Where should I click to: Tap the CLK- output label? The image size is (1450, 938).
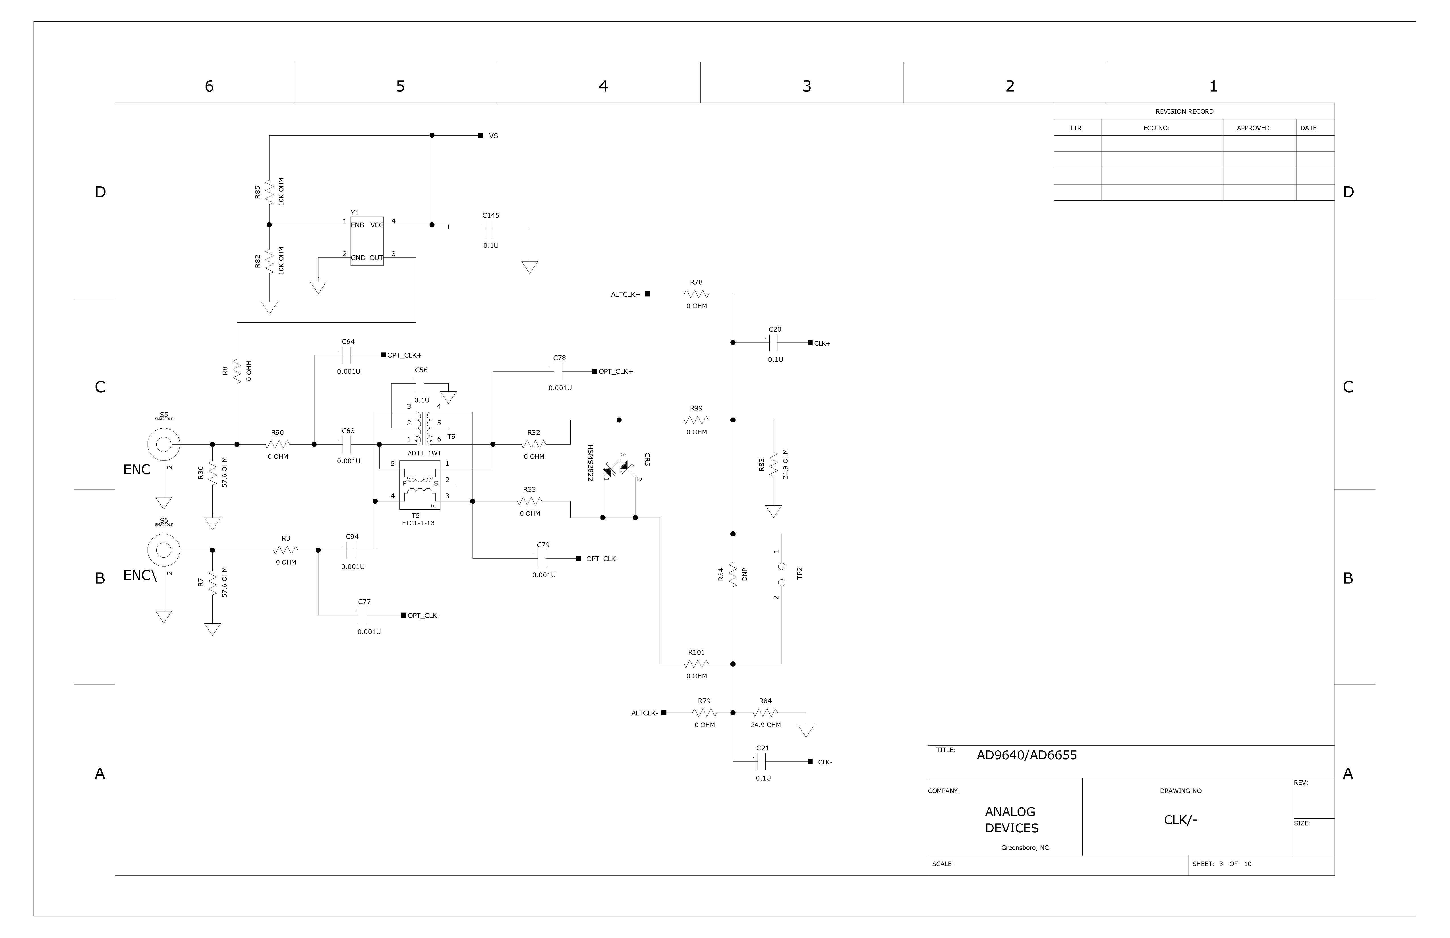tap(825, 763)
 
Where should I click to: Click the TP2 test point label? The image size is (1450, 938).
tap(800, 573)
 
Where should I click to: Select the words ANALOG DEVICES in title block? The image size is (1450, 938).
tap(1011, 820)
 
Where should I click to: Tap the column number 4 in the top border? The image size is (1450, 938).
tap(603, 86)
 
